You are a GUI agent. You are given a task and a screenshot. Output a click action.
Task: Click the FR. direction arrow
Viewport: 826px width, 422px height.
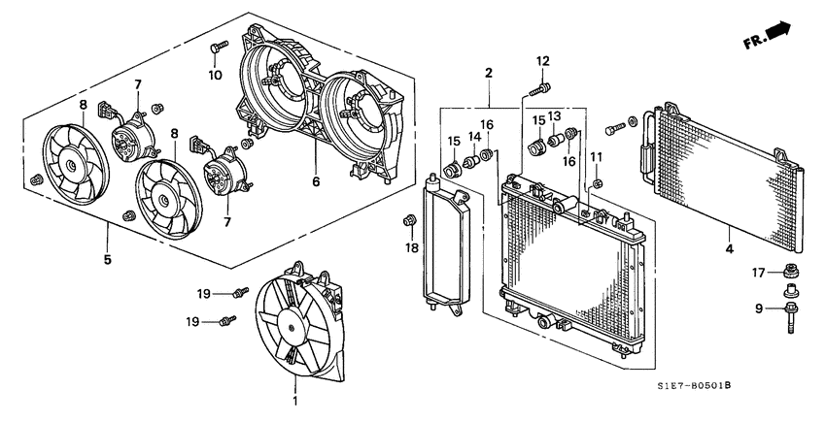pyautogui.click(x=768, y=38)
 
